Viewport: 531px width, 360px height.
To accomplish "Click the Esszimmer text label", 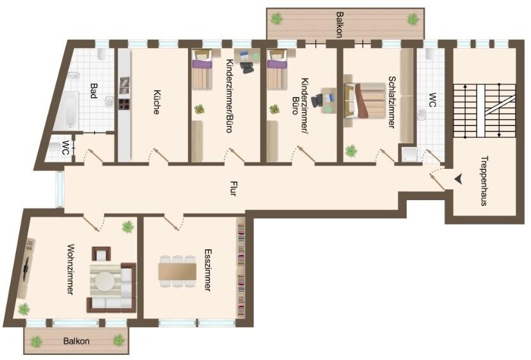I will tap(207, 270).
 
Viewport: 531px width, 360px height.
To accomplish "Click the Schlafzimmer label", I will tap(390, 102).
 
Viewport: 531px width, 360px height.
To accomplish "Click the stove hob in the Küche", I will tap(123, 104).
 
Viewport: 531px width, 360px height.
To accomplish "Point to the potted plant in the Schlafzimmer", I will tap(351, 151).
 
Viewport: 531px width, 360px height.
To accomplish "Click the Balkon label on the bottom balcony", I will tap(76, 341).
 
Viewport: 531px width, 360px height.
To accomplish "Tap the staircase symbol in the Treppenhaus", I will tap(486, 110).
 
